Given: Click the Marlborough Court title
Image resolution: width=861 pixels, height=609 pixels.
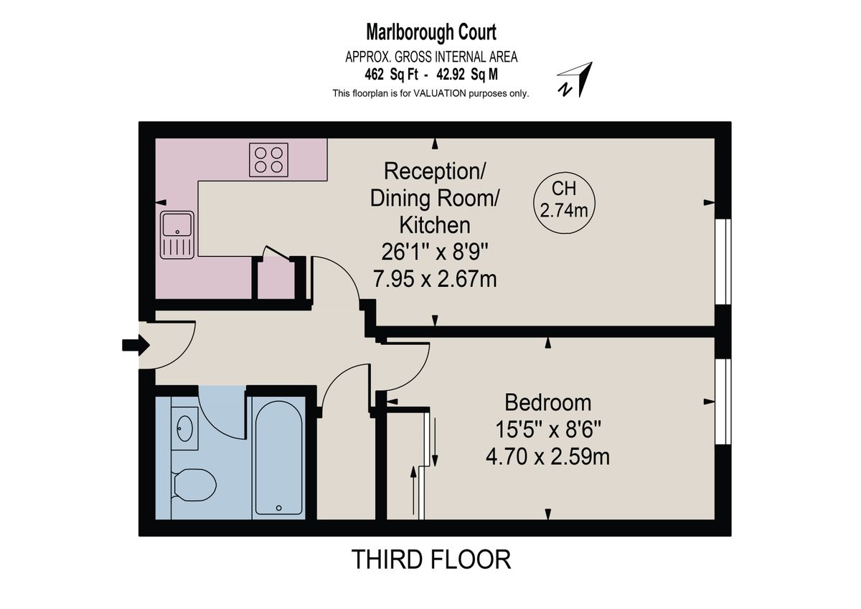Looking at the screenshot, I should coord(431,32).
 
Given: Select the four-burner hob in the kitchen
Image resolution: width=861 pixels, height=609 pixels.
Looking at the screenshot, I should coord(269,159).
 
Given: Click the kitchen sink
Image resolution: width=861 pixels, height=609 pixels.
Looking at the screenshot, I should coord(177,235).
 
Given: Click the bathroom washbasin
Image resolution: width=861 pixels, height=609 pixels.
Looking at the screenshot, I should coord(185,428).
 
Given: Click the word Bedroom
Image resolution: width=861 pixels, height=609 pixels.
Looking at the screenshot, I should coord(548,402).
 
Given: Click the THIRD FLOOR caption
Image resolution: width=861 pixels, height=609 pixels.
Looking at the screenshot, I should coord(431,559).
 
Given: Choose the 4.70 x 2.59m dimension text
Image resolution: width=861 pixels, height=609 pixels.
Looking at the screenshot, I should coord(548,456).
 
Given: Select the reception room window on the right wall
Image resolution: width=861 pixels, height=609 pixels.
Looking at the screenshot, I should coord(724,261).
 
